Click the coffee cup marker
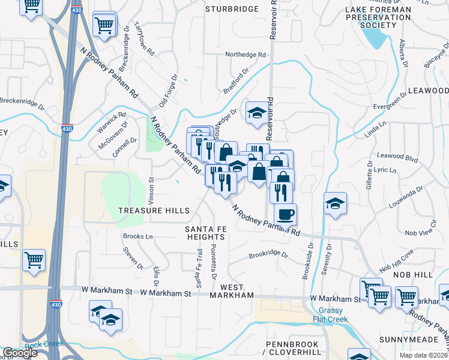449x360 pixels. click(x=285, y=214)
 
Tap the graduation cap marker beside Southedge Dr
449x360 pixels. click(x=256, y=112)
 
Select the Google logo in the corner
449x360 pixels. click(x=20, y=353)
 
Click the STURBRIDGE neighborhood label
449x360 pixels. click(x=232, y=9)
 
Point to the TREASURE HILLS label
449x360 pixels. click(x=154, y=211)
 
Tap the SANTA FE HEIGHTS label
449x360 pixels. click(x=205, y=233)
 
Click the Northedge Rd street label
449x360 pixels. click(x=245, y=55)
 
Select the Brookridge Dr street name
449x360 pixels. click(x=268, y=256)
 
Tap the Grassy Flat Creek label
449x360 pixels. click(x=330, y=314)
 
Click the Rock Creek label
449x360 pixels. click(x=41, y=346)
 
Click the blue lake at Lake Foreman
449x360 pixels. click(x=375, y=38)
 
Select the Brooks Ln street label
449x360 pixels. click(x=137, y=237)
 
